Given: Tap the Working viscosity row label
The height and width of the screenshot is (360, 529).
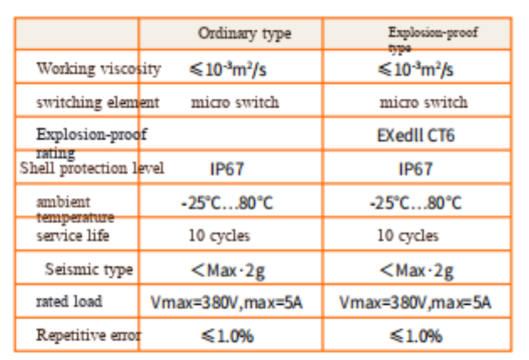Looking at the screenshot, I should tap(98, 68).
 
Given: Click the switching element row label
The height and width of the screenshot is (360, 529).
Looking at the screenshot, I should tap(97, 102).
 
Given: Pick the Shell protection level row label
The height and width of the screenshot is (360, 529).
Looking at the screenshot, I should tap(92, 168).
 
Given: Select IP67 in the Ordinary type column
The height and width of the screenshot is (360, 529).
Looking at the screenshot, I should tap(226, 169).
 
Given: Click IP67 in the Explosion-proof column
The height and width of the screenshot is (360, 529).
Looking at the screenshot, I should tap(415, 169).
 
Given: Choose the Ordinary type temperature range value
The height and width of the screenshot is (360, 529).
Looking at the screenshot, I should tap(227, 203).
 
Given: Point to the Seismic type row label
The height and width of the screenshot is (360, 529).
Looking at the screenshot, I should tap(89, 269).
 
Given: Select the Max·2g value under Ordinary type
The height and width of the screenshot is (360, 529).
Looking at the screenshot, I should tap(228, 271).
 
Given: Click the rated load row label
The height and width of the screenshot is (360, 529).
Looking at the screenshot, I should tap(69, 301).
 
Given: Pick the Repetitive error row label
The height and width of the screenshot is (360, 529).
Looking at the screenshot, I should tap(88, 335).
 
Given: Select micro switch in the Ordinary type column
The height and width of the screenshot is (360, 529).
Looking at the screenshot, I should tap(235, 102).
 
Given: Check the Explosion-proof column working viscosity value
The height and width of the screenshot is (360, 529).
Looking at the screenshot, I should tap(415, 69).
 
